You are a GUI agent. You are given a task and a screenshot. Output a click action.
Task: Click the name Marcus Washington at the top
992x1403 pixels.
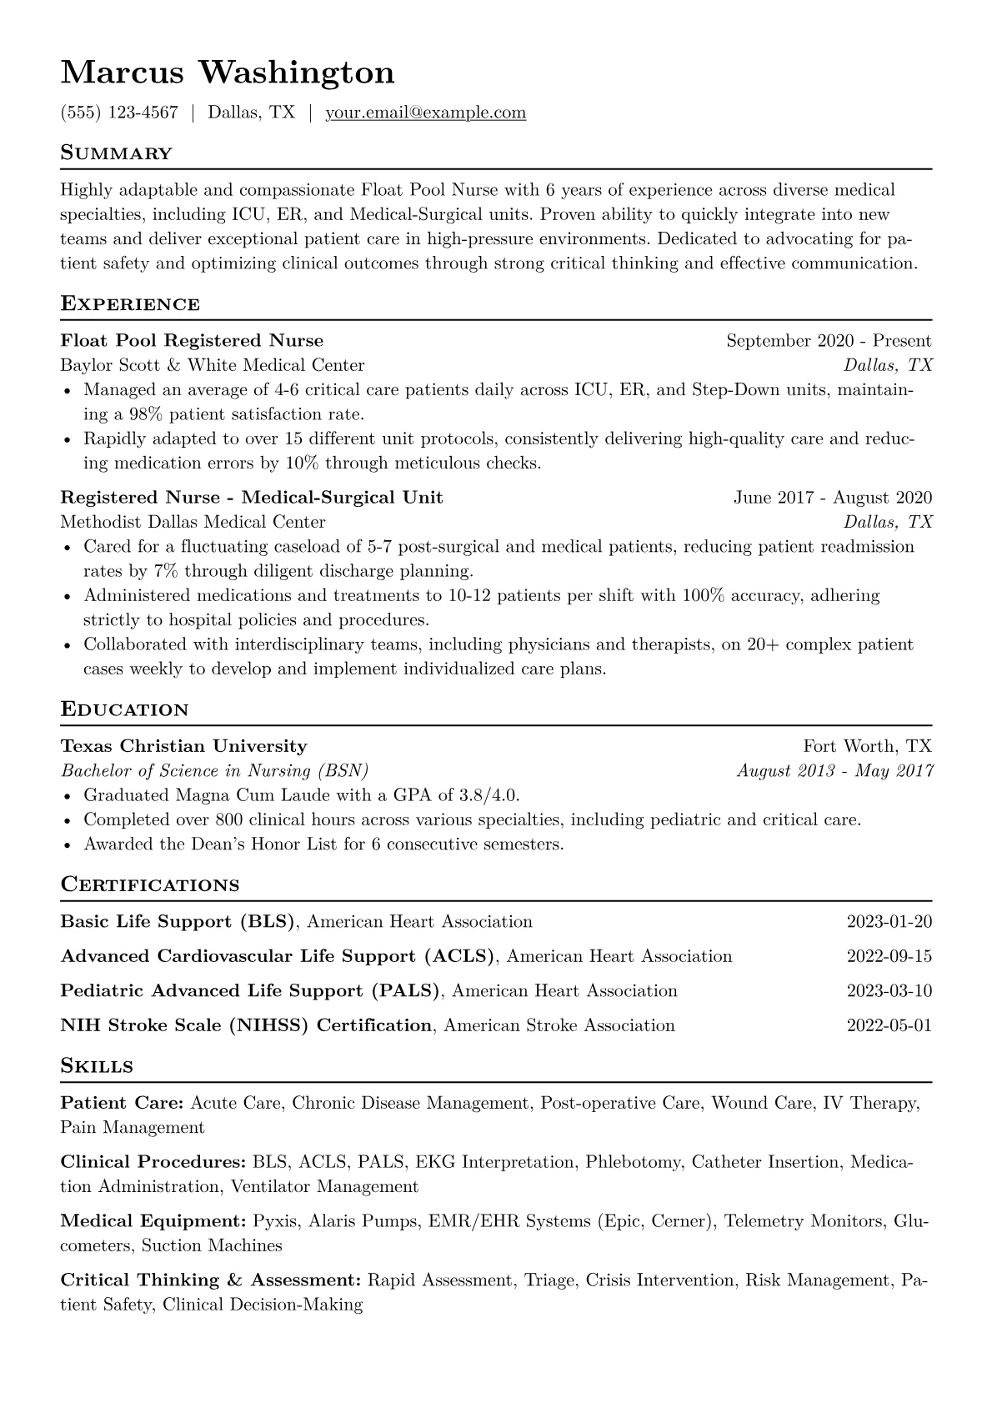[228, 73]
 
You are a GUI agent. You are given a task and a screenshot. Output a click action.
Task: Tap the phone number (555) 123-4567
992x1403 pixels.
[119, 113]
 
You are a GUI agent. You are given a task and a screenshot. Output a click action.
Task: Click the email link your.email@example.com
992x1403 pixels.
[425, 113]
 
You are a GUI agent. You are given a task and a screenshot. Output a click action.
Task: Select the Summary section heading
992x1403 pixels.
[116, 153]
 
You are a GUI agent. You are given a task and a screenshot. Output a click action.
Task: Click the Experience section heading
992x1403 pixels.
[130, 303]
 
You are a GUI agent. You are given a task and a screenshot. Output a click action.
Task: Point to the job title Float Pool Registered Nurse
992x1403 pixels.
[192, 340]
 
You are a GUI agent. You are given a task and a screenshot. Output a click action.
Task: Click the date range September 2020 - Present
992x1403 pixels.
[829, 340]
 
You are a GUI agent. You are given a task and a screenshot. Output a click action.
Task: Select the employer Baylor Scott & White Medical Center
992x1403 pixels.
[213, 365]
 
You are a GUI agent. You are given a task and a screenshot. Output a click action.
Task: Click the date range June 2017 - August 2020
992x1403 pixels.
[832, 498]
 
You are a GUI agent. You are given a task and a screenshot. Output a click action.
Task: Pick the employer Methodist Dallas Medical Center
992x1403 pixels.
[193, 522]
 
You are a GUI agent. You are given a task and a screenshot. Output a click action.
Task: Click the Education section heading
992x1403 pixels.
[124, 709]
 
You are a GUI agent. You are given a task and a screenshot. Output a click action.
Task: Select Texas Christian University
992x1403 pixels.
[183, 746]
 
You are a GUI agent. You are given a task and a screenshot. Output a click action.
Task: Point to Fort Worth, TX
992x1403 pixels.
[867, 746]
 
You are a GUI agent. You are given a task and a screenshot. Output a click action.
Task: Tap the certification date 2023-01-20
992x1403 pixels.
[889, 922]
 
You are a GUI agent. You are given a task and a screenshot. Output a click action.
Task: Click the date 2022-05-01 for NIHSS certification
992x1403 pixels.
[889, 1025]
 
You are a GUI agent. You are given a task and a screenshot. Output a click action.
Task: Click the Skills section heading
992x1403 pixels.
[97, 1066]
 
